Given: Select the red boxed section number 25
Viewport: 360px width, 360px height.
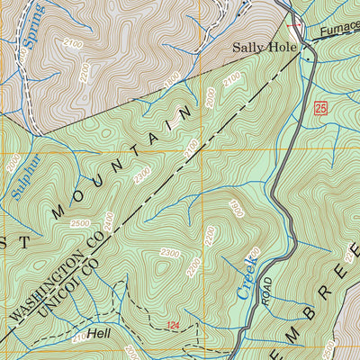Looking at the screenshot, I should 320,108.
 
